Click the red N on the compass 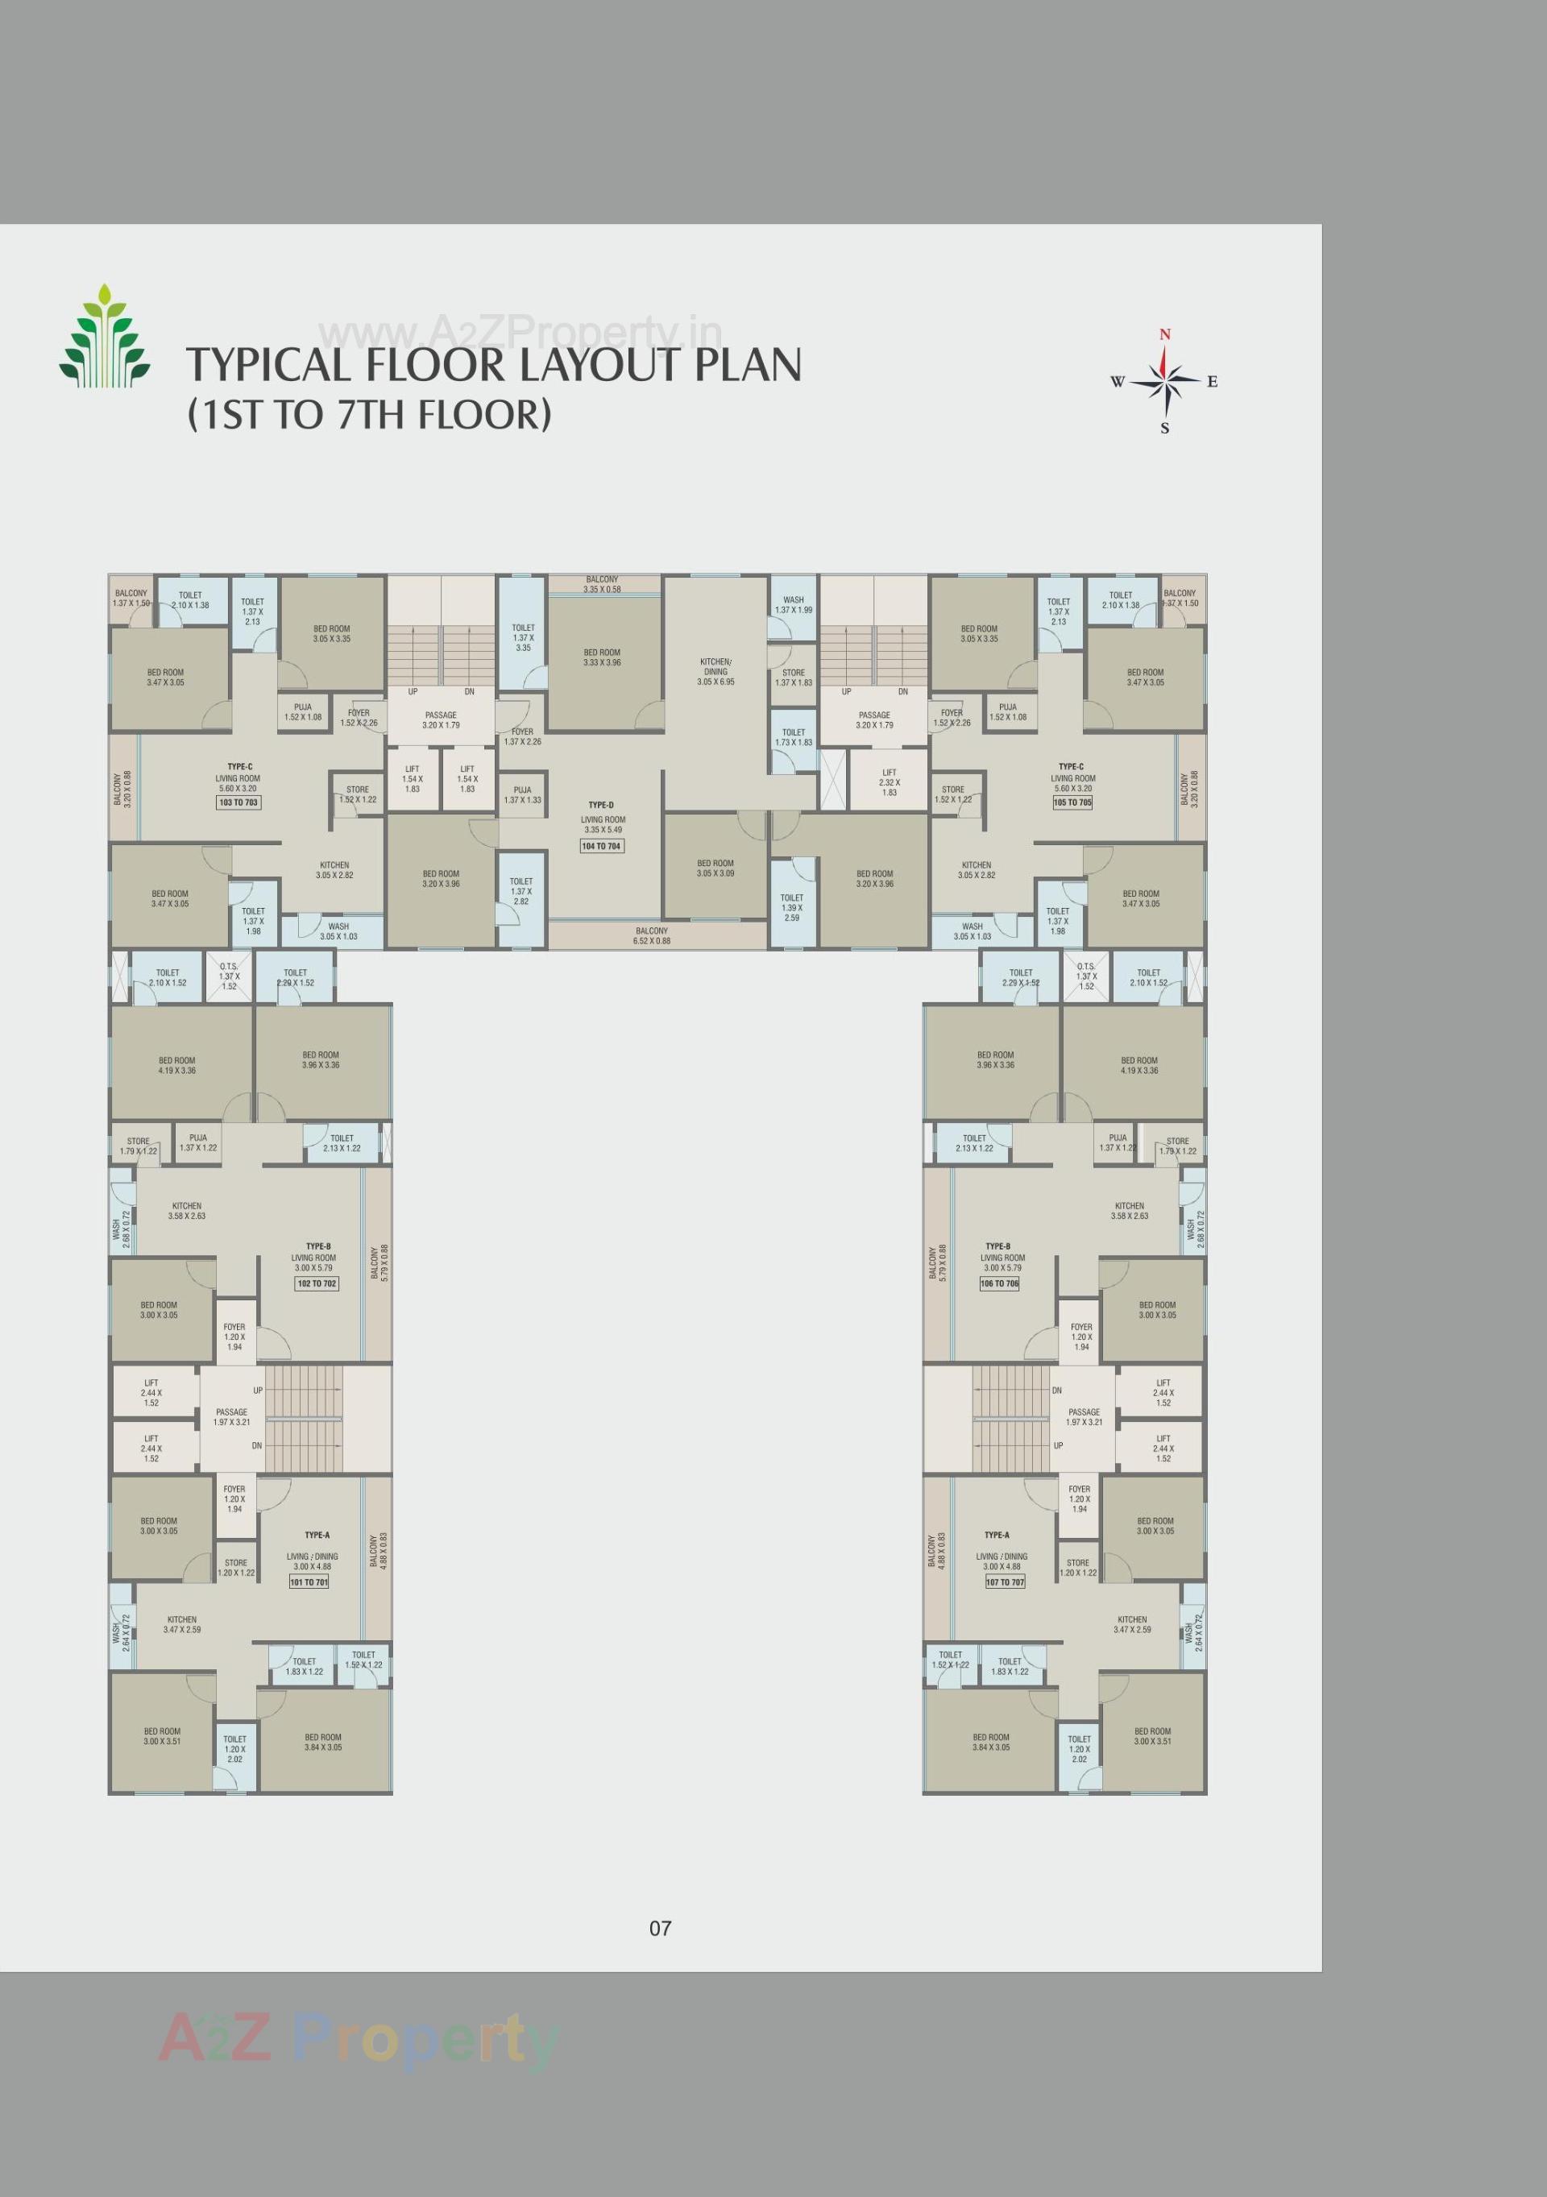click(1164, 334)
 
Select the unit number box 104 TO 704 click(601, 846)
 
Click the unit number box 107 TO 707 click(1005, 1582)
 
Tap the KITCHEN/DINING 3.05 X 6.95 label click(715, 672)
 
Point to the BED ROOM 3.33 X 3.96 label click(602, 657)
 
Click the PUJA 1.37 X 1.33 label click(522, 795)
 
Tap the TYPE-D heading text click(601, 805)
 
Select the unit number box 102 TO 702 click(317, 1283)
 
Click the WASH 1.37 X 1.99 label click(793, 605)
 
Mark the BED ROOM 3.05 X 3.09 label click(715, 868)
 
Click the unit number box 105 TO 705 click(1072, 802)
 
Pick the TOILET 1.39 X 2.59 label click(791, 908)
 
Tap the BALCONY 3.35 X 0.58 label click(602, 584)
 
